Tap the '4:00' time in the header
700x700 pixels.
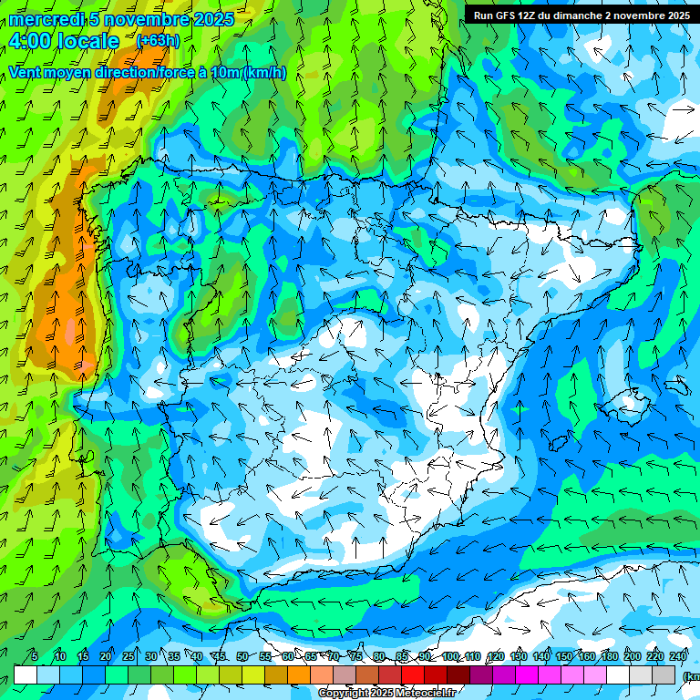tap(28, 41)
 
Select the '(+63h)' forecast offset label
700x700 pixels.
tap(158, 40)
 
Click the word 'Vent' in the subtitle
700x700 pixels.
tap(26, 73)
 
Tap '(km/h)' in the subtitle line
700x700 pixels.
tap(264, 73)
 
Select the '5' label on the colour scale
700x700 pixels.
tap(35, 656)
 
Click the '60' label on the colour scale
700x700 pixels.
tap(288, 656)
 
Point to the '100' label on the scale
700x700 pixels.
tap(450, 656)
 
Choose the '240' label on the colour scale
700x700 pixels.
tap(679, 656)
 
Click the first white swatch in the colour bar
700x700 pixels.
tap(26, 674)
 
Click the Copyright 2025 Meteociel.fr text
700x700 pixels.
tap(386, 694)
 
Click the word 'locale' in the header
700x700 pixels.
tap(88, 41)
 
